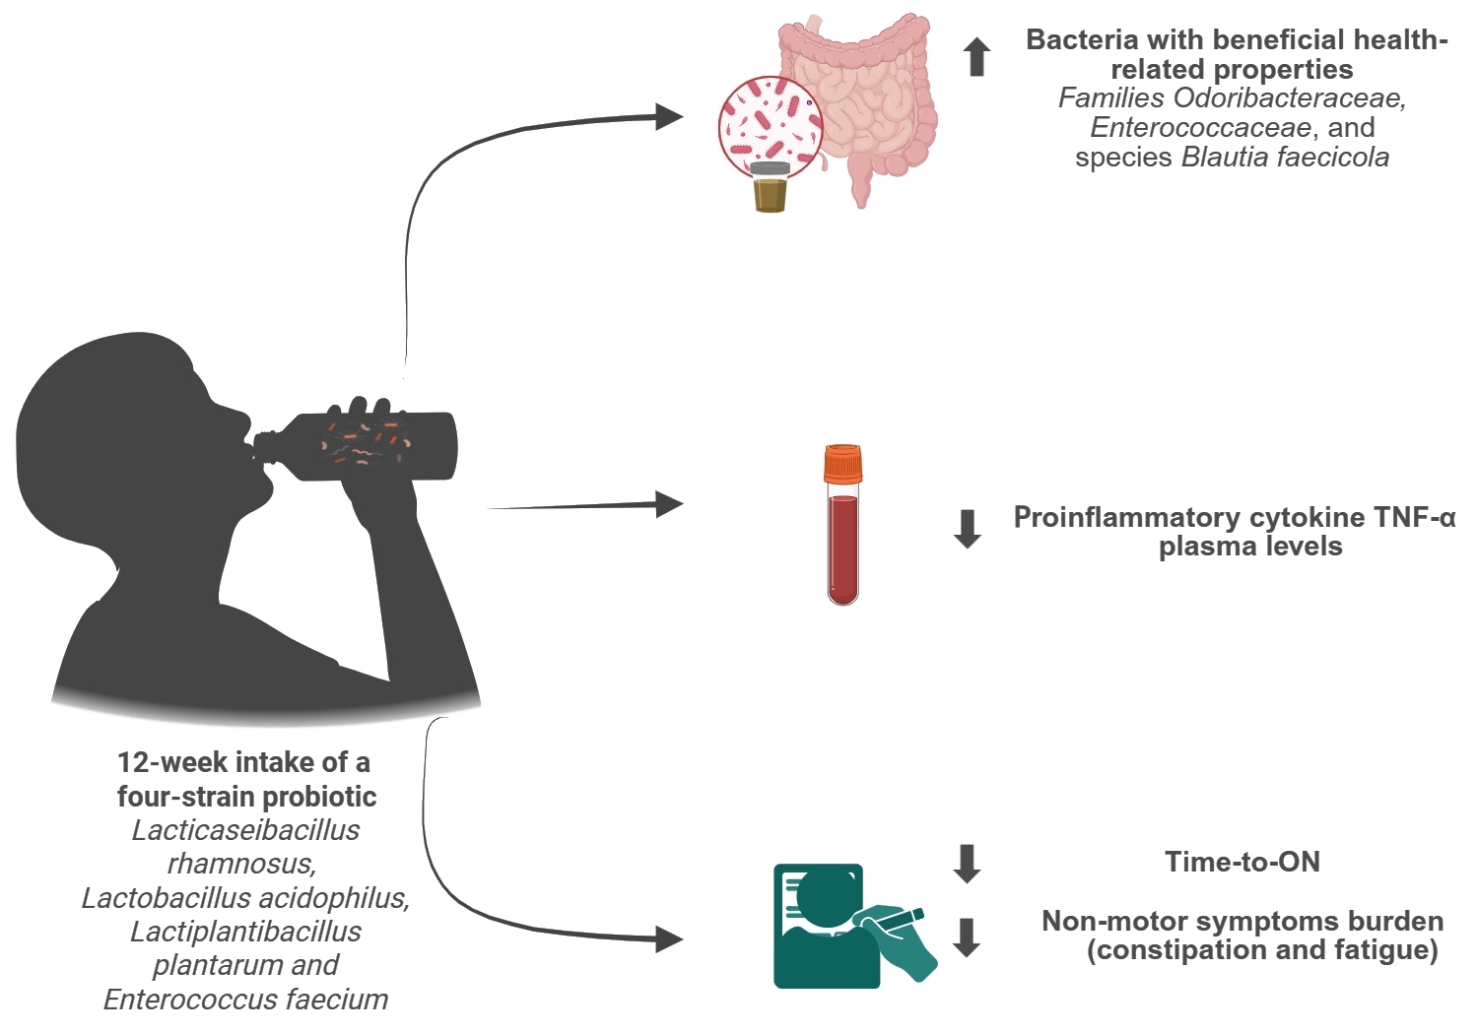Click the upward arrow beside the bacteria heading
[x=976, y=57]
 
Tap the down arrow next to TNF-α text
[x=968, y=529]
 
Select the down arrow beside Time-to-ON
[x=968, y=863]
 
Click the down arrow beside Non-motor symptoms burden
[x=968, y=937]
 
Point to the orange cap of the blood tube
[x=842, y=463]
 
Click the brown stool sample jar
[x=770, y=188]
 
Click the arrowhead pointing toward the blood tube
[x=670, y=504]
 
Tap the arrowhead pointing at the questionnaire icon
[x=670, y=938]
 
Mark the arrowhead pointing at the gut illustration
[x=670, y=116]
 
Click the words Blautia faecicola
[x=1285, y=158]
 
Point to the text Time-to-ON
[x=1242, y=863]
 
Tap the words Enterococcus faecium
[x=245, y=1000]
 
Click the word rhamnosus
[x=240, y=865]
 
